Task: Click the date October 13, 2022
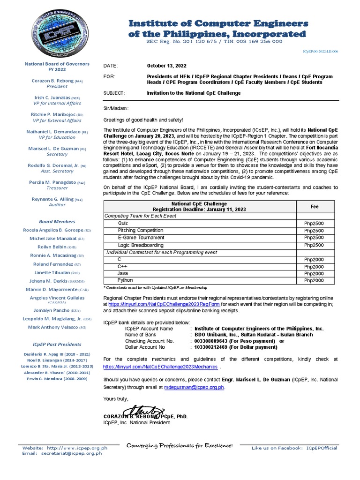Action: [167, 66]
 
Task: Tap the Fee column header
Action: [314, 206]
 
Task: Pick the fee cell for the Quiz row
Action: [314, 223]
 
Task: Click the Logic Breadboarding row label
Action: [141, 245]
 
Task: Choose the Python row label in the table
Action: [125, 280]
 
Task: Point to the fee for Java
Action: [314, 273]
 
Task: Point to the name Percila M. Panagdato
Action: [54, 182]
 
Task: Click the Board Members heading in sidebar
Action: [57, 221]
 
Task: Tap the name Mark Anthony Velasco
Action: [53, 327]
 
